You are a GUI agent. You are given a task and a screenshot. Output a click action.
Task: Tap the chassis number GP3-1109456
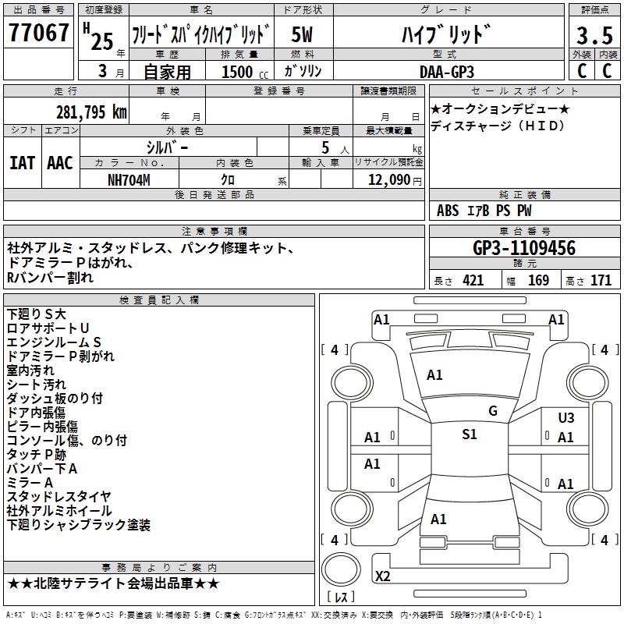point(524,249)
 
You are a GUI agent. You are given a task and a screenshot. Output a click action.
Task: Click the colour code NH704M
point(129,179)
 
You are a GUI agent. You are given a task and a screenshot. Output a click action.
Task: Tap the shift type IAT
point(22,163)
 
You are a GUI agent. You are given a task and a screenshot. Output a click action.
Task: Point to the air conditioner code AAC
point(59,163)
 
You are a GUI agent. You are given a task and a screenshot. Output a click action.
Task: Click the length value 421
point(473,280)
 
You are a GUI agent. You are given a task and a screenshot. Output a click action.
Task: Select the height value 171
point(601,280)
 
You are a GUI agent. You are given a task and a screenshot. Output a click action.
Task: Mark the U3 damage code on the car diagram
point(565,418)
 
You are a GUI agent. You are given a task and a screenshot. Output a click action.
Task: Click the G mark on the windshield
point(492,411)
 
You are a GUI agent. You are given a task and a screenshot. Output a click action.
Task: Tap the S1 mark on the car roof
point(469,434)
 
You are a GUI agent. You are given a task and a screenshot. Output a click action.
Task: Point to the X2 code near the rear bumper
point(382,576)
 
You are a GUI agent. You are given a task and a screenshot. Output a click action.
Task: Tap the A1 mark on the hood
point(434,375)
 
